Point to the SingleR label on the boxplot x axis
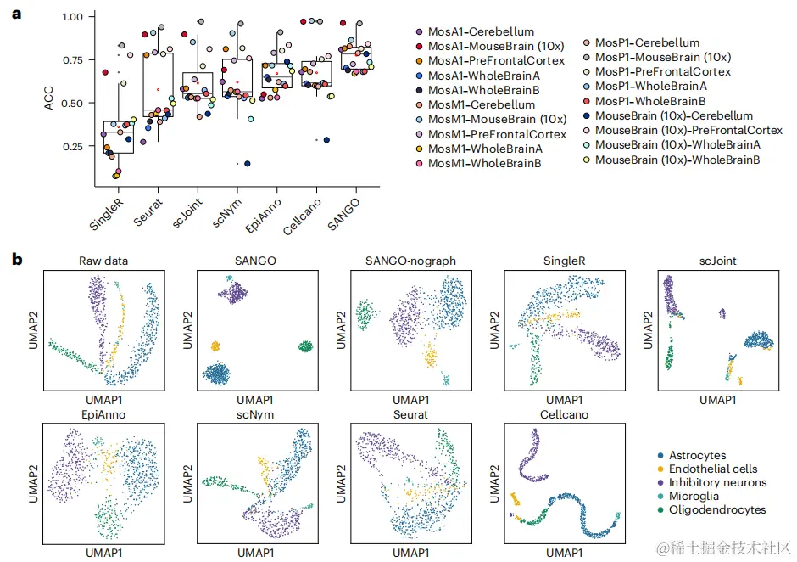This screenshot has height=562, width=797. (105, 211)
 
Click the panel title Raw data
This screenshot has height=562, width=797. (103, 261)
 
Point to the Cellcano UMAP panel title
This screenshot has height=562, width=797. (564, 414)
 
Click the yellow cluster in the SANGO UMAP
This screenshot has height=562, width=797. (215, 346)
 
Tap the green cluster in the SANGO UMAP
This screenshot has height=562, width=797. (304, 346)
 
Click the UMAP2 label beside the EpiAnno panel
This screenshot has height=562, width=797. (34, 481)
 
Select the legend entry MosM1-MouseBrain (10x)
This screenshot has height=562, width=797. (497, 119)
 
